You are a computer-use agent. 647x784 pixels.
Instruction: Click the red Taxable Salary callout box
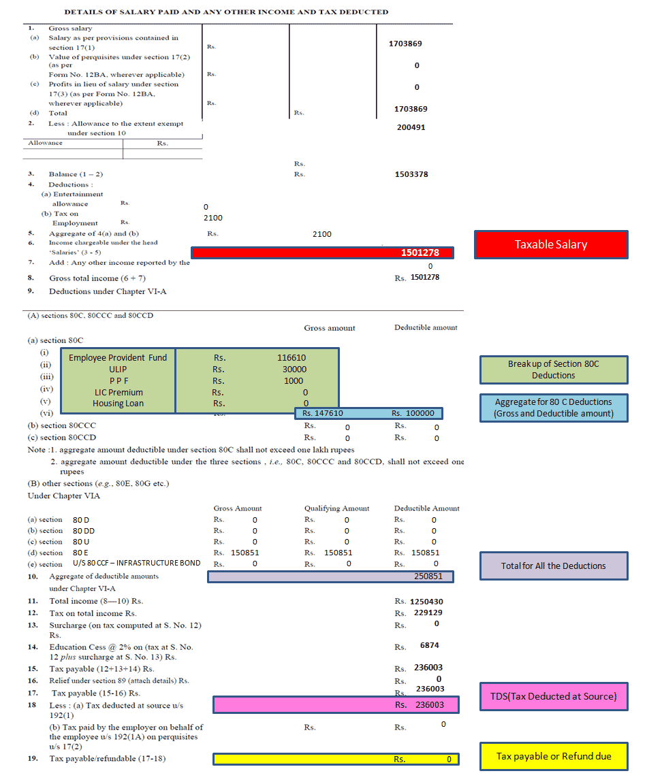pos(551,244)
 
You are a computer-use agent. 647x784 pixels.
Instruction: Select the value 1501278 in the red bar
pos(420,252)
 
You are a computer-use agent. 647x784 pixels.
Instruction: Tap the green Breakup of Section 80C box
pos(554,370)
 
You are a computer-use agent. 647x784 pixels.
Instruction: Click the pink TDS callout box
pos(554,696)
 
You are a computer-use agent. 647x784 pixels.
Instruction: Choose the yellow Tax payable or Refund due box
pos(554,756)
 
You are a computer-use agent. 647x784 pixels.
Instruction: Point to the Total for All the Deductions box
pos(554,566)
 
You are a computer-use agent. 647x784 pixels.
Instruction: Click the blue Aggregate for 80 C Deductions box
pos(554,408)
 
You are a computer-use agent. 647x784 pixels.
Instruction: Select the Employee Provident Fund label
pos(118,357)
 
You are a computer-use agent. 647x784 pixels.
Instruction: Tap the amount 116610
pos(291,357)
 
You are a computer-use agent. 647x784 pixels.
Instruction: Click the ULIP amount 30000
pos(295,369)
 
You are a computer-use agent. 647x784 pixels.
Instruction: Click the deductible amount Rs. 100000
pos(413,413)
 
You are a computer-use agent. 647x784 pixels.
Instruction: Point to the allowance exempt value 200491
pos(411,127)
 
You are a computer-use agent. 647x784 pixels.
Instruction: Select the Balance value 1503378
pos(411,174)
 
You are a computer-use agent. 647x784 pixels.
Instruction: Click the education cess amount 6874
pos(430,645)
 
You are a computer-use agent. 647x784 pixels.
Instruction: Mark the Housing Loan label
pos(118,404)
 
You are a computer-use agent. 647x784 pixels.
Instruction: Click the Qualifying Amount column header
pos(336,508)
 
